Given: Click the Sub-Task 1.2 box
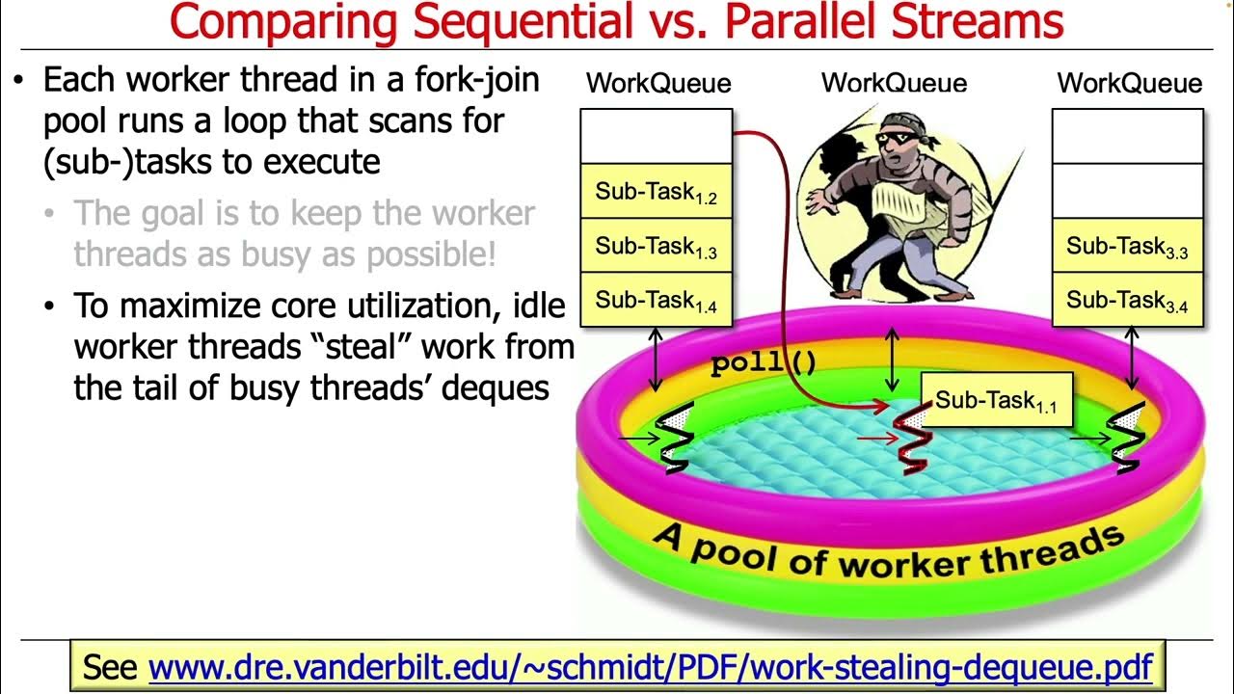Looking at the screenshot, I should (656, 192).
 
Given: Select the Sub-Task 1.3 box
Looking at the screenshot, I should (656, 246).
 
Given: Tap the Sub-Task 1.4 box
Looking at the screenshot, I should (656, 300).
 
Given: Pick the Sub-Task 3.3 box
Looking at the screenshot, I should (1127, 246).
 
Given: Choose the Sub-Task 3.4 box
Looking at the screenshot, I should (1127, 300).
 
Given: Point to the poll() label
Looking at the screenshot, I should (764, 364).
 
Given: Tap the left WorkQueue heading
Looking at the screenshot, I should (658, 83).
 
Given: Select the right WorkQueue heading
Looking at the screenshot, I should (1129, 83).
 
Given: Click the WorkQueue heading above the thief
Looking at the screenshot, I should (894, 83).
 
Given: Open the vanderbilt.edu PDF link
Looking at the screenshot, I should (650, 666).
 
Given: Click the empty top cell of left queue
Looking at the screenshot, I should (656, 136).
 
